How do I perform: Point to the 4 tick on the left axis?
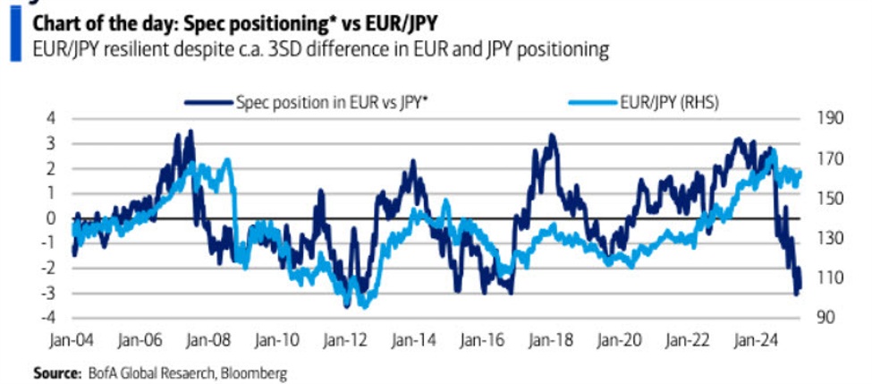(x=52, y=118)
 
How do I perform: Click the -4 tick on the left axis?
(x=49, y=318)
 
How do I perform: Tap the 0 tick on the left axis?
(x=52, y=218)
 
